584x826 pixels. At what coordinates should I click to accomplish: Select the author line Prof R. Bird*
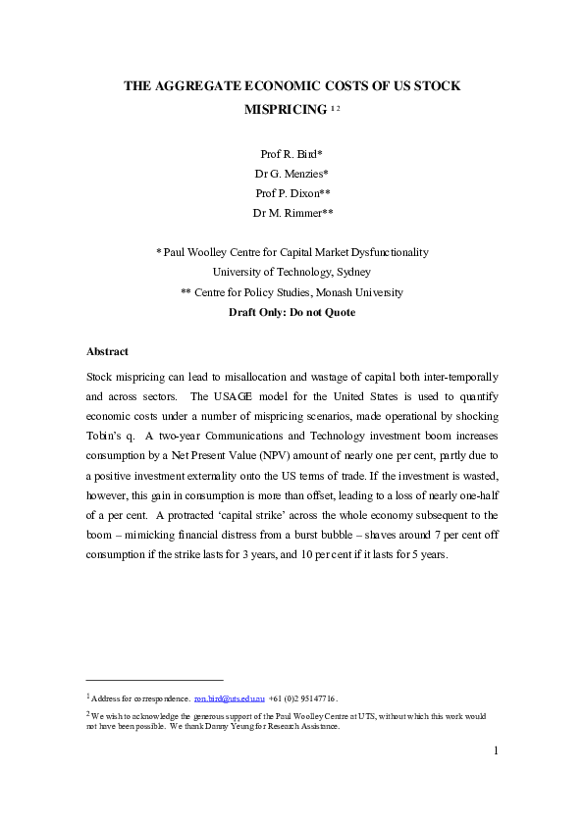click(x=292, y=154)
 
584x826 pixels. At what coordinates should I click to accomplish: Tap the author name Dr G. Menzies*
click(x=292, y=174)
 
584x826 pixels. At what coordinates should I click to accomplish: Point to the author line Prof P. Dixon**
click(x=292, y=193)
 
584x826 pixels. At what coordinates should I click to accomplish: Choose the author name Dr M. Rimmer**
click(x=292, y=213)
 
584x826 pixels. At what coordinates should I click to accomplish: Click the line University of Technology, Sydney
click(x=292, y=272)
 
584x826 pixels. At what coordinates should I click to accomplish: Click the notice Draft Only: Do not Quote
click(x=292, y=312)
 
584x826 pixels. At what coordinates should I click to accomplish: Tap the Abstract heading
click(x=107, y=351)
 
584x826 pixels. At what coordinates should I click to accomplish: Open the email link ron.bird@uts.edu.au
click(x=229, y=698)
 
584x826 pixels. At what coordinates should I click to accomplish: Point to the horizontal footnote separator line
click(x=155, y=679)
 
